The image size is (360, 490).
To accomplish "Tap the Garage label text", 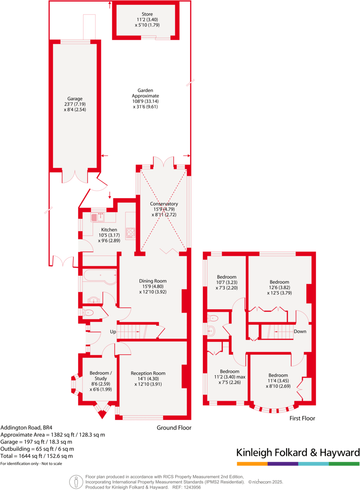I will [x=74, y=99].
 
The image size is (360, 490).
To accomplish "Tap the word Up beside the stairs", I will [x=113, y=332].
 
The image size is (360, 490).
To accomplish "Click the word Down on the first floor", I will [x=300, y=332].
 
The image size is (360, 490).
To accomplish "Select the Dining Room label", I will [x=153, y=281].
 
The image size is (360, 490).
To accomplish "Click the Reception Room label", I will [x=148, y=373].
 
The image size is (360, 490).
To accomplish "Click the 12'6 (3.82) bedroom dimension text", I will [x=279, y=287].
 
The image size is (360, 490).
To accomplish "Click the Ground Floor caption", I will [x=174, y=427].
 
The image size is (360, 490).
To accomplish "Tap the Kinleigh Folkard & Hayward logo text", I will [x=298, y=452].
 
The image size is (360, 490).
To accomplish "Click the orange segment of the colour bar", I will [x=252, y=464].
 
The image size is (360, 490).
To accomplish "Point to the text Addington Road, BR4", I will [x=26, y=427].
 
